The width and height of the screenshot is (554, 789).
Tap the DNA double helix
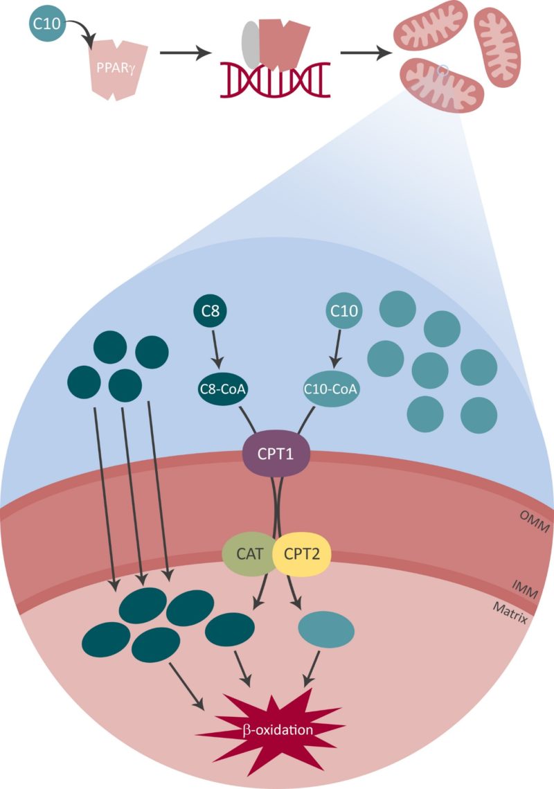275,80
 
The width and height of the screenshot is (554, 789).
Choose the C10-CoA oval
331,389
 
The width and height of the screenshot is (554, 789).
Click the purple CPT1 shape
276,456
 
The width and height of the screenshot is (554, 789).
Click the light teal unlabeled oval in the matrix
325,630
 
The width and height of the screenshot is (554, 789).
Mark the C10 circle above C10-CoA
344,312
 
